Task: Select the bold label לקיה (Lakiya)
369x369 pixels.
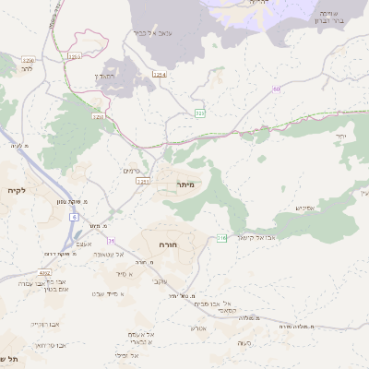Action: (16, 190)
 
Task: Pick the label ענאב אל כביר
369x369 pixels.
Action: (153, 33)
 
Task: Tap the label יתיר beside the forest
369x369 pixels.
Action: (340, 137)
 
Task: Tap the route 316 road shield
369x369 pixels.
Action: (221, 238)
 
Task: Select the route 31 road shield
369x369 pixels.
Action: (112, 240)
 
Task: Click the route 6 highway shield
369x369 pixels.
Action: (73, 217)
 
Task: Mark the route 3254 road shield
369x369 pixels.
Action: (160, 74)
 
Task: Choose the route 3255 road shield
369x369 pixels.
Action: (73, 57)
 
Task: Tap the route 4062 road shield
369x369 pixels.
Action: (44, 273)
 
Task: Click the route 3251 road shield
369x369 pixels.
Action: (98, 117)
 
